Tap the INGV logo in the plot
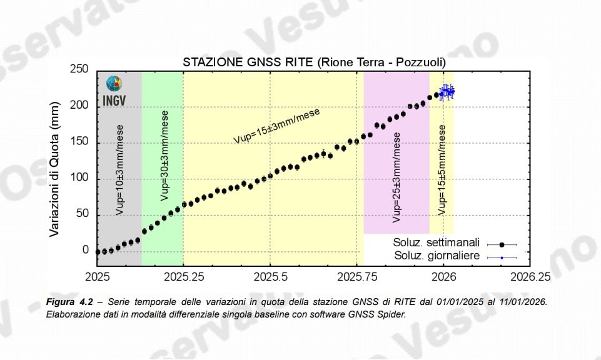tap(114, 91)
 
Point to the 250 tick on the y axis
tap(79, 69)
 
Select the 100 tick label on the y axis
tap(79, 179)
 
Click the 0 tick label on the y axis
tap(86, 251)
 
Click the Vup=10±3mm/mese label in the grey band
tap(119, 170)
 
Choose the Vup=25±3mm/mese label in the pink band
tap(396, 178)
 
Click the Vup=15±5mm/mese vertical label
tap(442, 170)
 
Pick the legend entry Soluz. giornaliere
tap(437, 256)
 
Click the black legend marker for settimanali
tap(502, 244)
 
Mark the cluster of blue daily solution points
tap(447, 92)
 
